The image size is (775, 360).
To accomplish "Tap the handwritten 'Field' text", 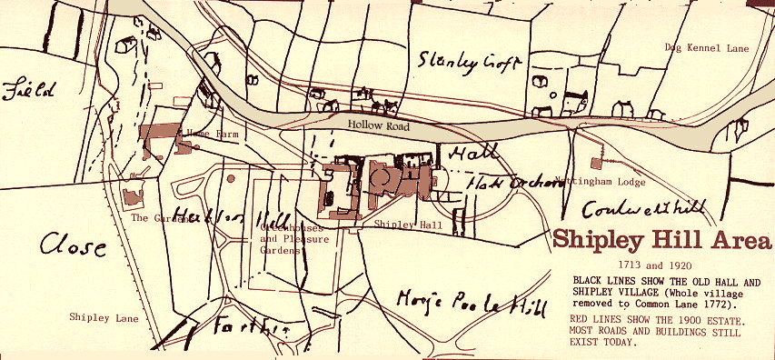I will pos(31,92).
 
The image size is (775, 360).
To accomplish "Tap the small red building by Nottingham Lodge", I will pos(596,164).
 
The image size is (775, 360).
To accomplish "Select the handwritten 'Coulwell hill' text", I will pos(643,209).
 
